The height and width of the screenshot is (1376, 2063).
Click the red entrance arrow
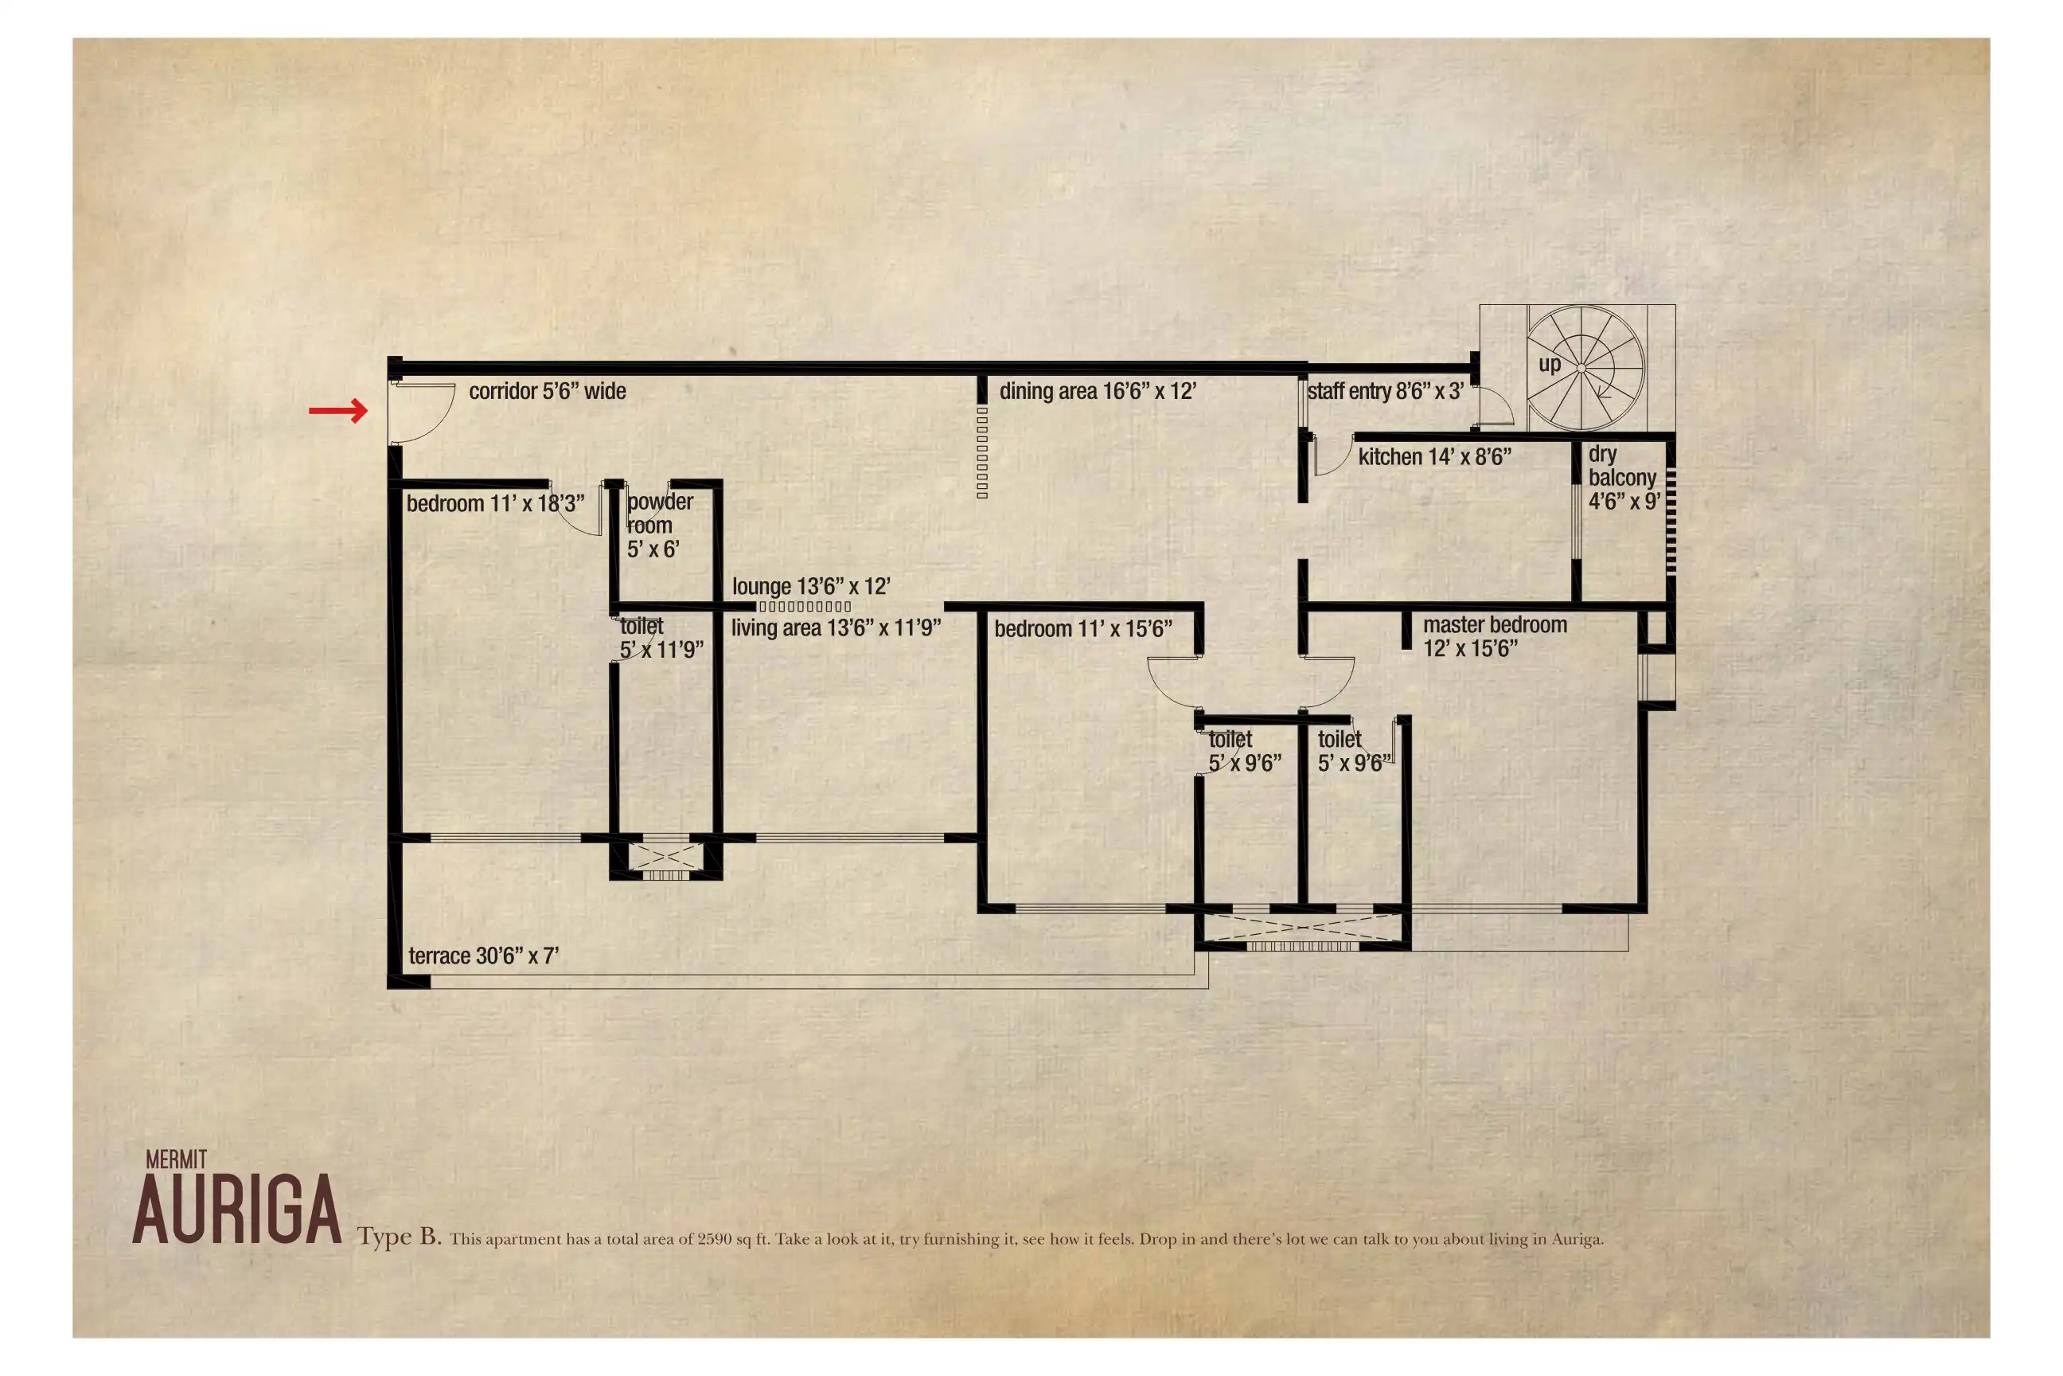click(338, 410)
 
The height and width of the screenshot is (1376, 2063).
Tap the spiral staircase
click(1584, 368)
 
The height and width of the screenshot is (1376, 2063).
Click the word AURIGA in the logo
click(237, 1210)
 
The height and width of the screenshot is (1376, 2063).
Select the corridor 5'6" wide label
click(548, 392)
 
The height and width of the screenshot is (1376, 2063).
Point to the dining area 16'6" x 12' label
click(1098, 392)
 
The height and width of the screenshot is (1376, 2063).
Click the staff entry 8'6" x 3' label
click(1385, 392)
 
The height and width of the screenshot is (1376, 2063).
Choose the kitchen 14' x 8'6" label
click(1435, 457)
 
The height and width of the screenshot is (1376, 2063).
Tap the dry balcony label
click(1624, 479)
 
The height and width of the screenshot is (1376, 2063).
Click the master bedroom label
click(1495, 637)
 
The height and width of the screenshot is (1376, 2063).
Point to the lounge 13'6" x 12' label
click(811, 586)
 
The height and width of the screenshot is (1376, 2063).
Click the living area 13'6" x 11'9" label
click(836, 628)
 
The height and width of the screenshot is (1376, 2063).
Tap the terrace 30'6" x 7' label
click(483, 956)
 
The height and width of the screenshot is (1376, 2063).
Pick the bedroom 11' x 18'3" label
click(495, 504)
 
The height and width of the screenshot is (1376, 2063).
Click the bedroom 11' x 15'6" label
click(1083, 629)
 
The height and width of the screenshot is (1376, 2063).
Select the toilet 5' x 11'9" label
click(661, 638)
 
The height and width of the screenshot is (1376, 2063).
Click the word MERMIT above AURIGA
click(177, 1160)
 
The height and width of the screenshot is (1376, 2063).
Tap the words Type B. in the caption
click(399, 1237)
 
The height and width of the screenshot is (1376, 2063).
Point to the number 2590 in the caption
click(714, 1239)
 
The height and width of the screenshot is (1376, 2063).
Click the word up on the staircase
click(1549, 364)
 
